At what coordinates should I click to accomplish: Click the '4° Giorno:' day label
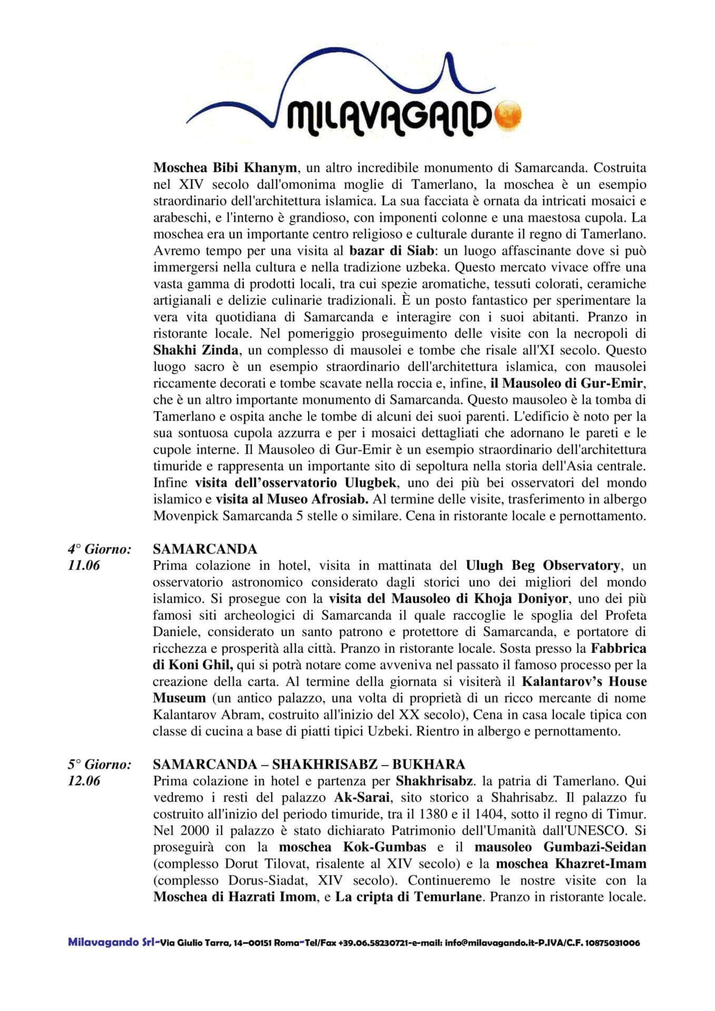click(99, 549)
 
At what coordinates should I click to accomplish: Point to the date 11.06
click(84, 566)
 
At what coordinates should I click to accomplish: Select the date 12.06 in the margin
click(84, 780)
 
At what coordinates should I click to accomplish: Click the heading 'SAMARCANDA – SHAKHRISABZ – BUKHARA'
click(309, 764)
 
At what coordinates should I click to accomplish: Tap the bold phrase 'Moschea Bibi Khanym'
click(225, 168)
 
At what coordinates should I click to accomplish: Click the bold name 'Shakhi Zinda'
click(195, 350)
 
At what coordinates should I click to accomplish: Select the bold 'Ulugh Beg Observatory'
click(542, 566)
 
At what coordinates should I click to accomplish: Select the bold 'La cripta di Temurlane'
click(408, 897)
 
